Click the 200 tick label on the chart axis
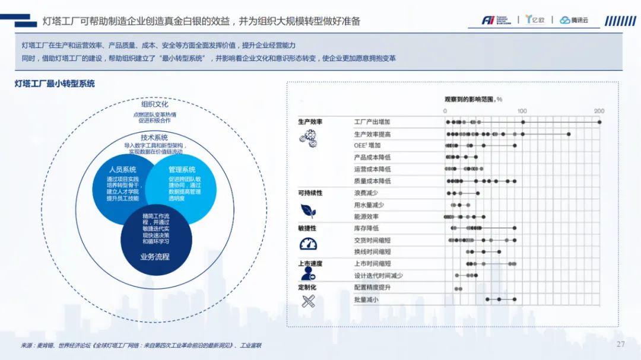pos(599,111)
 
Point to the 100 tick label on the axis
pos(522,111)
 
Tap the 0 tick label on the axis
pos(445,111)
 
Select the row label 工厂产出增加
pos(372,122)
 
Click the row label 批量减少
pos(366,300)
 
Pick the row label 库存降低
pos(366,228)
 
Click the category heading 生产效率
pos(310,122)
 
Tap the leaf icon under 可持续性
pos(308,210)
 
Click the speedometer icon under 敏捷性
pos(308,244)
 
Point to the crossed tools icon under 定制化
pos(307,301)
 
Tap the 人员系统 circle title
pos(122,170)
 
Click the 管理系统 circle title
pos(182,170)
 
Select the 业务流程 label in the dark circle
pos(155,257)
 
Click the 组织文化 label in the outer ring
pos(155,104)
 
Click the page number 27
pos(621,345)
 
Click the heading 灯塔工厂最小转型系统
pos(55,84)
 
